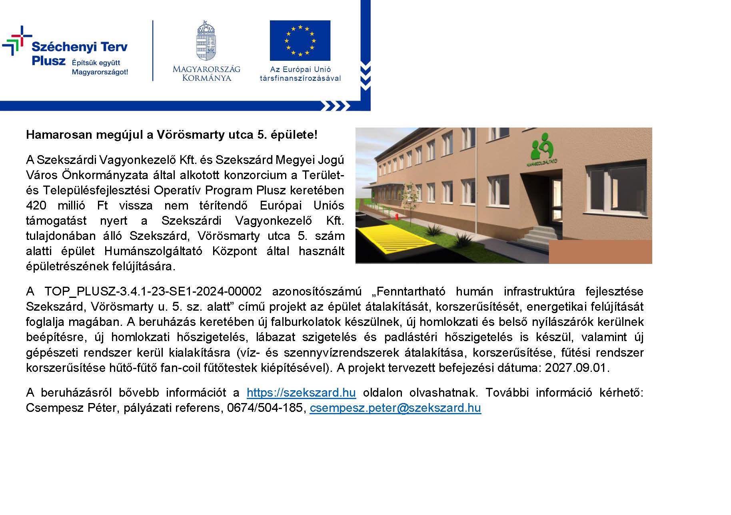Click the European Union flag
click(300, 40)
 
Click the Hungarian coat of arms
click(206, 42)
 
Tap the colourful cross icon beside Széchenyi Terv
click(16, 40)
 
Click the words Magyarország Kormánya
click(206, 73)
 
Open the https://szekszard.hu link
click(301, 393)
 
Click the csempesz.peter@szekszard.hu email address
click(395, 408)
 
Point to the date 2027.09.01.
click(577, 368)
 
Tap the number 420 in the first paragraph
click(36, 206)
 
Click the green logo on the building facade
click(541, 147)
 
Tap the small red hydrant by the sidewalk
click(396, 217)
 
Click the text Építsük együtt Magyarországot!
click(100, 67)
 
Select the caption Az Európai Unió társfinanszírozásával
click(300, 74)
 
